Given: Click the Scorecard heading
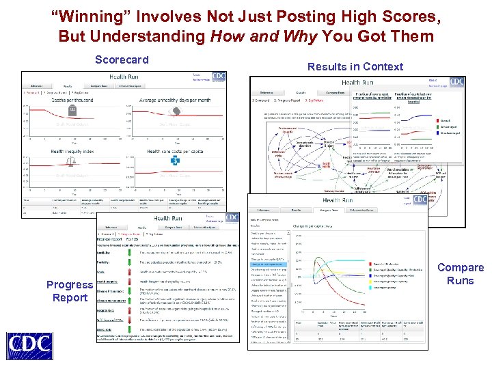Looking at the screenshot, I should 122,59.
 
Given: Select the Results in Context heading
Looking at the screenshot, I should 355,66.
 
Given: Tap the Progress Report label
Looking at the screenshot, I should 70,291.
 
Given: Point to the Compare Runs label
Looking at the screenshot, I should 461,274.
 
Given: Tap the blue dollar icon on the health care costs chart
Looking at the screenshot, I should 176,162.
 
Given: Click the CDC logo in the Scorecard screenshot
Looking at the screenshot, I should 219,76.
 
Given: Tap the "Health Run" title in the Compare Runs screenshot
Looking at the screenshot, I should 337,200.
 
